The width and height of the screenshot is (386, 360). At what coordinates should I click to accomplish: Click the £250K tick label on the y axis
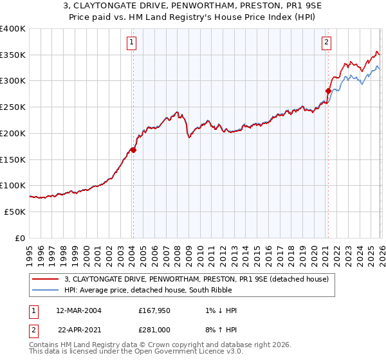coord(13,107)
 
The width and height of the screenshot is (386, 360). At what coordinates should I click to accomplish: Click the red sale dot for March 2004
coord(133,150)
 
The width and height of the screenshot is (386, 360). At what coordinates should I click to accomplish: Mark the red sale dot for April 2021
coord(327,91)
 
